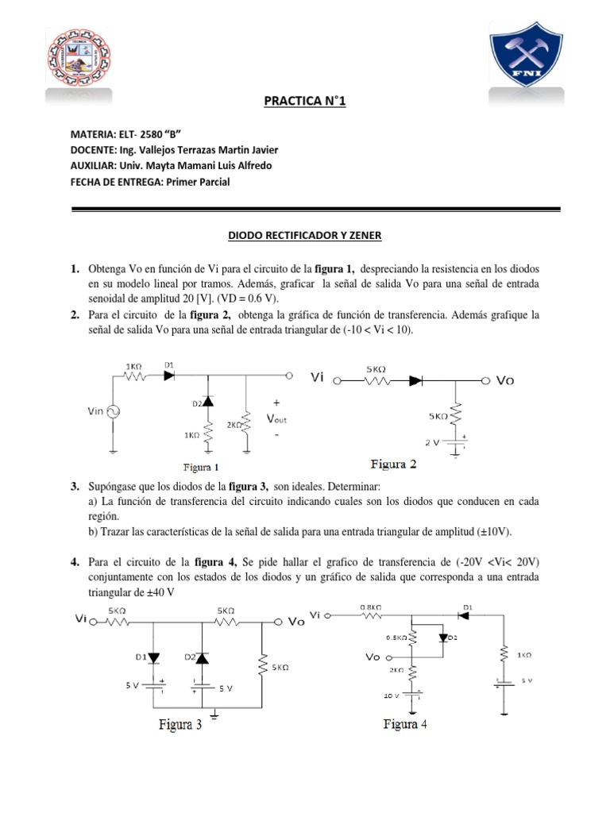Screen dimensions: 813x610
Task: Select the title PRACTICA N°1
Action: [x=305, y=102]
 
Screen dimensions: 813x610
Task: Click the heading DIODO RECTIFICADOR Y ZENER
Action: [x=305, y=236]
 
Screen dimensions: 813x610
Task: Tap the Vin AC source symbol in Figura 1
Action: [x=113, y=410]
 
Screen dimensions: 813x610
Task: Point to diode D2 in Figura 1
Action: [x=207, y=403]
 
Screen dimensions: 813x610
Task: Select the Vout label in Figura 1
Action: [x=276, y=418]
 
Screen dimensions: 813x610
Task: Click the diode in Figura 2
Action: [x=415, y=381]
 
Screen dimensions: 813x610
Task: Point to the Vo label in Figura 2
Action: [x=505, y=381]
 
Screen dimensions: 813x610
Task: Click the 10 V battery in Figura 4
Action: [x=413, y=695]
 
